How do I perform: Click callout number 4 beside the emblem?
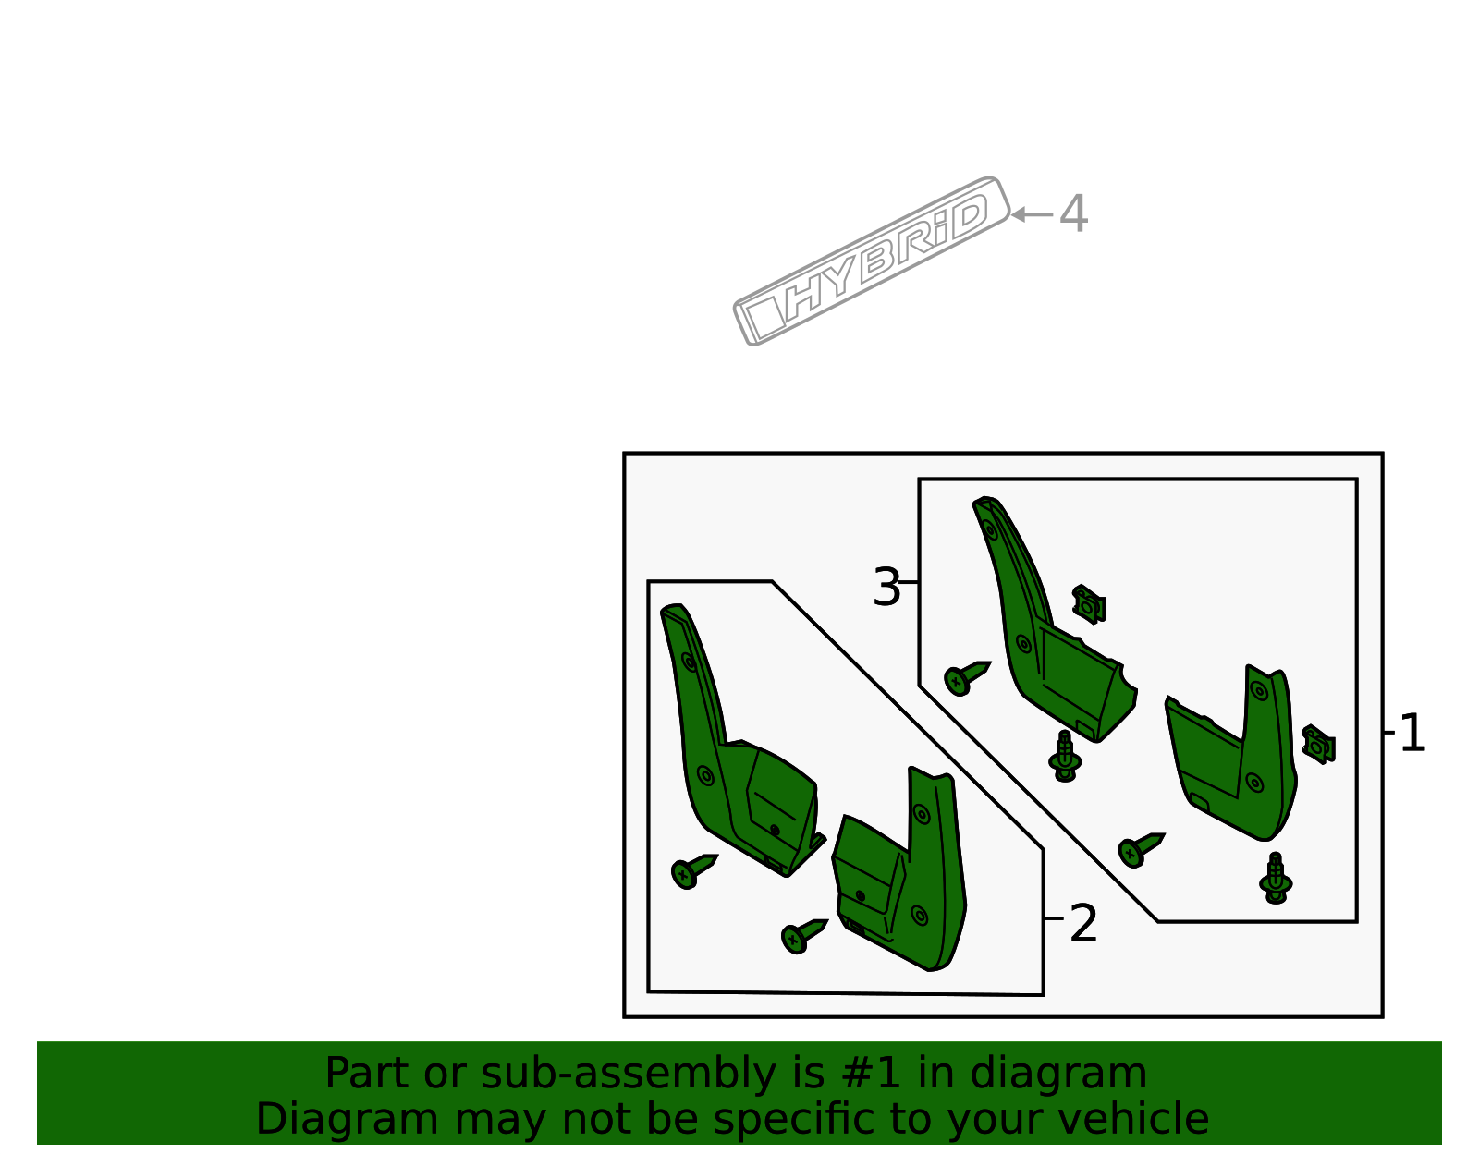tap(1073, 213)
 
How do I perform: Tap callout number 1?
tap(1413, 733)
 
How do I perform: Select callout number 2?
tap(1082, 923)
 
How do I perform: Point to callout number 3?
tap(886, 588)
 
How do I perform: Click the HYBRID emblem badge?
tap(871, 261)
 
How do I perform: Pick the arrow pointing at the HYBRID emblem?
tap(1032, 215)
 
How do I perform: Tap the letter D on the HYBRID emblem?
tap(969, 216)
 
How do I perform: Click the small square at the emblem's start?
tap(765, 317)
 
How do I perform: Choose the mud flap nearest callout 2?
tap(899, 869)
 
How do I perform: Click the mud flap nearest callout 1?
tap(1232, 755)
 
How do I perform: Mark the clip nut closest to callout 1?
tap(1318, 745)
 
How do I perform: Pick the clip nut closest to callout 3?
tap(1088, 604)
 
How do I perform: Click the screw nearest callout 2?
tap(804, 936)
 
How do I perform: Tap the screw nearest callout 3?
tap(967, 678)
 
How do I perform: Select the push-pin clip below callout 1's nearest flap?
tap(1276, 878)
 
